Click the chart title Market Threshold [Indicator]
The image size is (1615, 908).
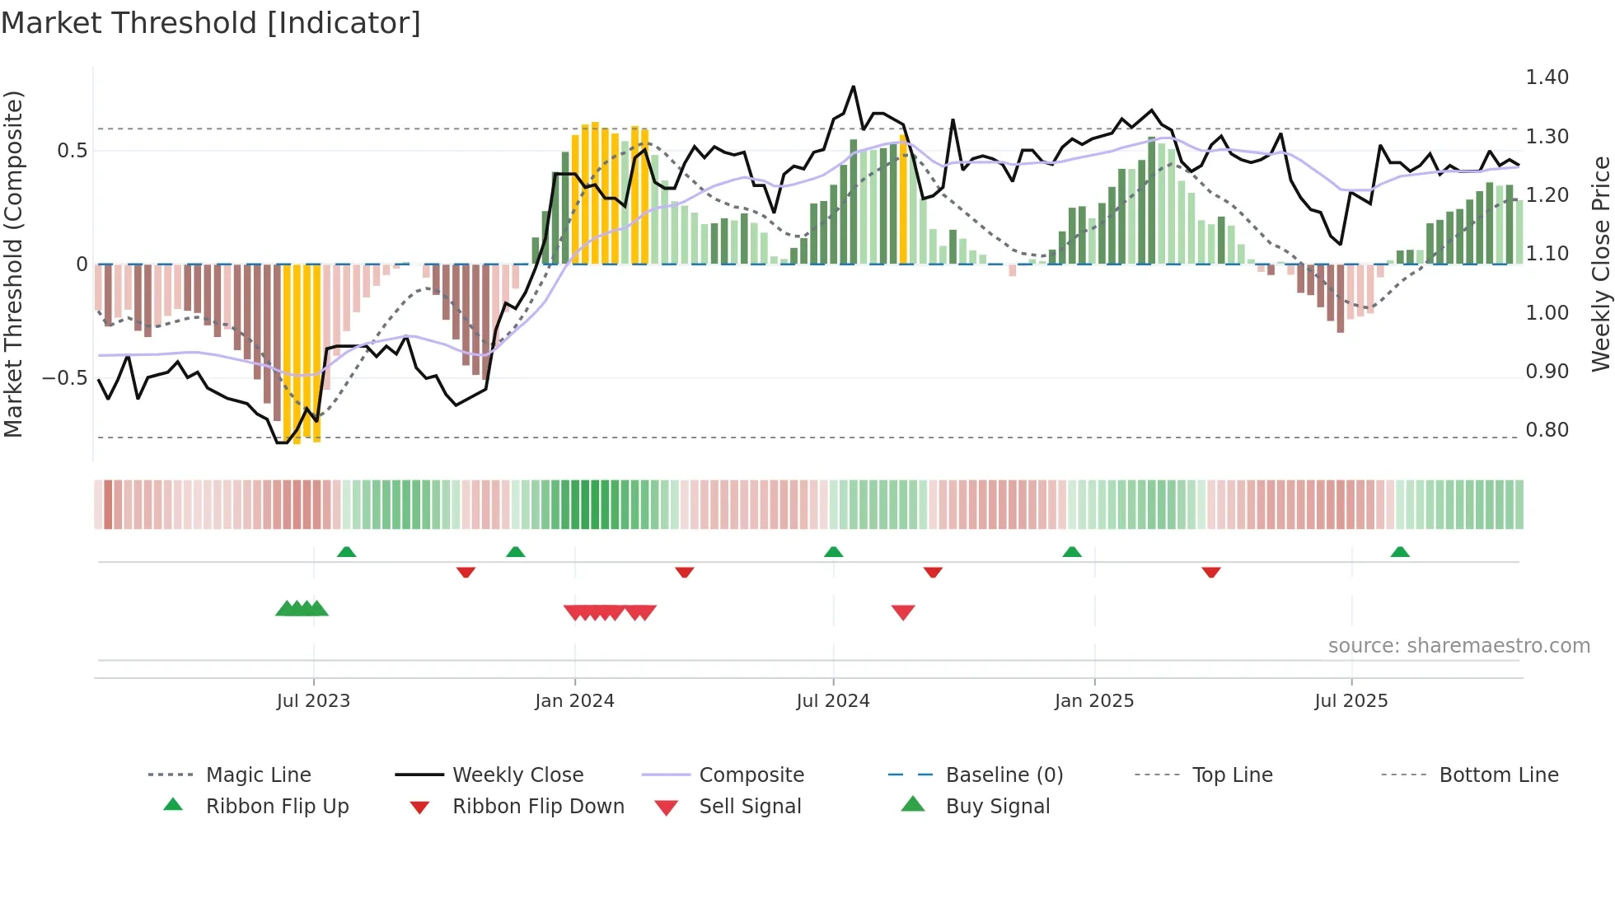[x=211, y=23]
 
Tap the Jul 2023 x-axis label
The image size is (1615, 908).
[x=313, y=701]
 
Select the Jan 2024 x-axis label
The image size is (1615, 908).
[x=574, y=701]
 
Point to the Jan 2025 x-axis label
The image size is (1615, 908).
[x=1094, y=701]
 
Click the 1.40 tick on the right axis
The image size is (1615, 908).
[x=1547, y=77]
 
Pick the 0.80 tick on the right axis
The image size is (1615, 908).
[x=1547, y=430]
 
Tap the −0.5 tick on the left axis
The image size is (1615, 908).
[x=64, y=378]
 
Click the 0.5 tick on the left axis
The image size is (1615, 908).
[x=72, y=151]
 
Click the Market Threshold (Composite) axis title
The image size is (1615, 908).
[x=13, y=264]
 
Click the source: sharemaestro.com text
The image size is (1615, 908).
[x=1458, y=646]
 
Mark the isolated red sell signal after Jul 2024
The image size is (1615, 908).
[x=903, y=612]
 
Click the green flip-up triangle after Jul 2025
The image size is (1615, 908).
[x=1400, y=552]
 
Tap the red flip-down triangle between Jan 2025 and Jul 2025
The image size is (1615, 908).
[x=1210, y=572]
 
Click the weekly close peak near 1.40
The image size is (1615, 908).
[x=853, y=87]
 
